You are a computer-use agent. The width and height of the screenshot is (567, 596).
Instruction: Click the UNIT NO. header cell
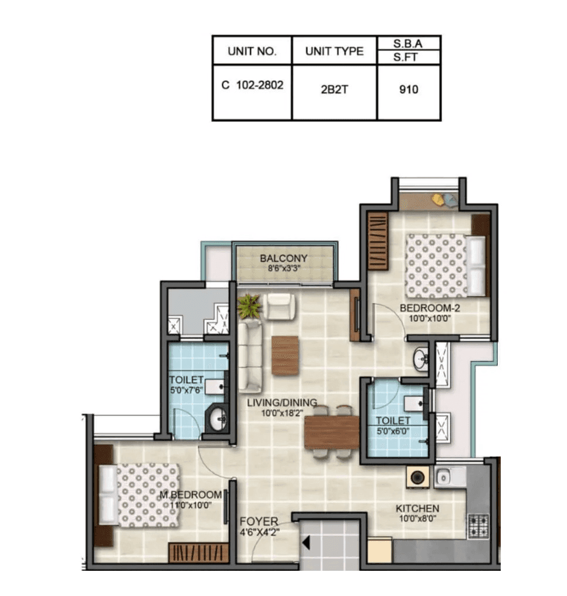252,51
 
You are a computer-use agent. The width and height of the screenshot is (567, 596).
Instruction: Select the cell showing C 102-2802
252,84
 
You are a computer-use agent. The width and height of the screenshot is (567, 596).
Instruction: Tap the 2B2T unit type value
334,91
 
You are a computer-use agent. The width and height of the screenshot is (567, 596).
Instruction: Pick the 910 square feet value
408,90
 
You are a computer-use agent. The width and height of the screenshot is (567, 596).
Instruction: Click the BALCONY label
284,258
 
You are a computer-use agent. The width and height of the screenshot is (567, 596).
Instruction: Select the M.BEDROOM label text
191,495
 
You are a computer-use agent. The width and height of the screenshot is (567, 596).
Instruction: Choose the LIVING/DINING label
281,403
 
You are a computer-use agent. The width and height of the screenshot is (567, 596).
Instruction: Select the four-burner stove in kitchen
478,526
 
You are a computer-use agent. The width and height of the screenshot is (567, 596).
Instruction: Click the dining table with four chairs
331,431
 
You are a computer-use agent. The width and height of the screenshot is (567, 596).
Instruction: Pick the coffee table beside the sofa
285,356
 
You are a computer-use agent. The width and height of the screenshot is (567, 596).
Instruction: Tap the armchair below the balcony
279,306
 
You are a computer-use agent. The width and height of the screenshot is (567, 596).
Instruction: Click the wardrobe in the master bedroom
198,553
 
